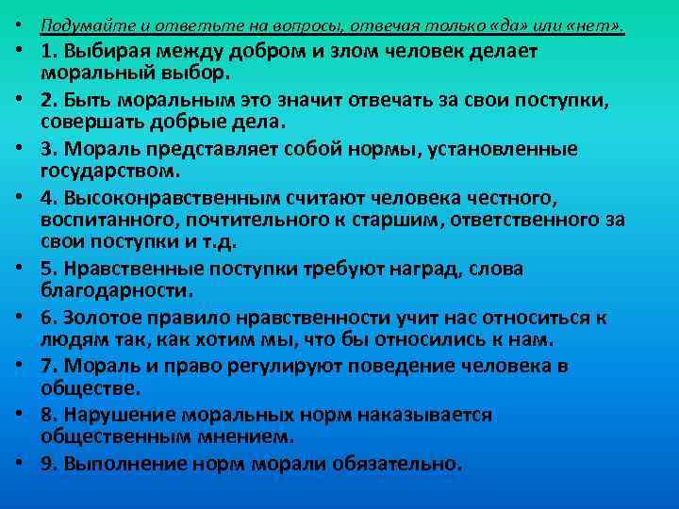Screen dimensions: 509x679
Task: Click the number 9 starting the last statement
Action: point(46,463)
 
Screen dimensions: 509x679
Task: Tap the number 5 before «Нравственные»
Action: point(46,269)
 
